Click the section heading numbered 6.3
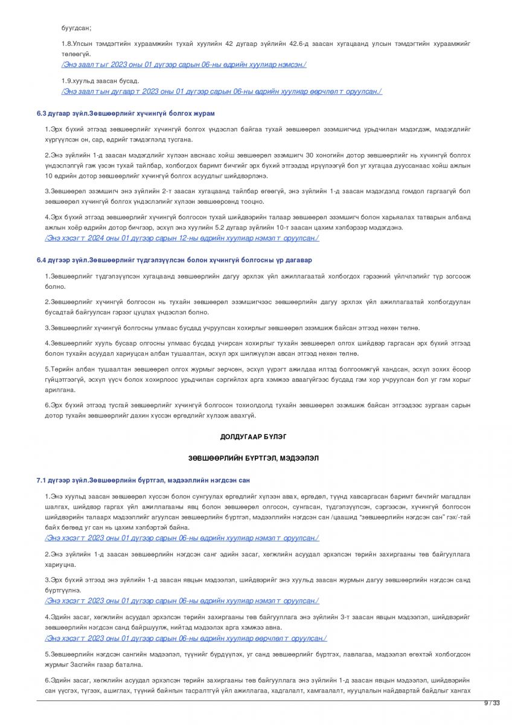[x=126, y=114]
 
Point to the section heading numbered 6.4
[x=174, y=260]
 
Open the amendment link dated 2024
[x=182, y=238]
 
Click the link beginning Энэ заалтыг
[x=184, y=65]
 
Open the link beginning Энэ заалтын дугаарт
[x=221, y=91]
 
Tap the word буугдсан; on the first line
[x=76, y=28]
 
